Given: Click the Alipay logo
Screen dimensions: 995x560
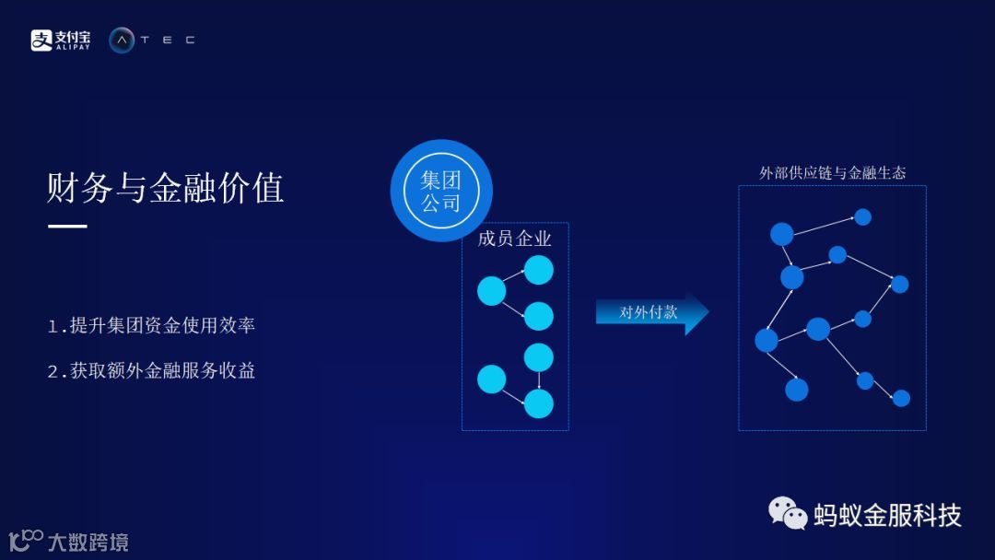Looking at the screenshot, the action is click(61, 40).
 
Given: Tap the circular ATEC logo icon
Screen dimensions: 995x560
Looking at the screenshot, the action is click(122, 40).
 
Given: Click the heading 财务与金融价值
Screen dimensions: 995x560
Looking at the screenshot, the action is click(165, 188).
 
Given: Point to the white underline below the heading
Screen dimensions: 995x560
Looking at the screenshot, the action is click(67, 226).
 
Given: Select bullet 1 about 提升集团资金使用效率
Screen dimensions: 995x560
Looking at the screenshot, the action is click(151, 325).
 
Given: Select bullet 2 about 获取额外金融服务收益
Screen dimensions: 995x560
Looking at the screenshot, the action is click(151, 371).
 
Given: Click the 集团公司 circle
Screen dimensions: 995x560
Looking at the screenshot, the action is click(441, 191).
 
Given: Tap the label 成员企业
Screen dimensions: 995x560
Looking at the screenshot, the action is click(514, 239).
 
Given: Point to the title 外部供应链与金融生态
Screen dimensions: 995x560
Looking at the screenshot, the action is click(832, 172).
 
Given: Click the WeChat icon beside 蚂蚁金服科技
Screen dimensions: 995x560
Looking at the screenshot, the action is click(788, 513).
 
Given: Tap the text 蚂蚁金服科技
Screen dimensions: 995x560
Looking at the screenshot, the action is click(887, 515).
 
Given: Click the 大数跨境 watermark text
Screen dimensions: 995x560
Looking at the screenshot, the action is click(88, 542).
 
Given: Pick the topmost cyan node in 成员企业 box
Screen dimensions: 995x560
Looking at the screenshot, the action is click(539, 270).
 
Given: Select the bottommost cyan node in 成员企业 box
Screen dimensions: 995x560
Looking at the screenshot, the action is click(538, 403).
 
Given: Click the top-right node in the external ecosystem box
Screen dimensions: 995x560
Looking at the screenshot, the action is click(862, 217).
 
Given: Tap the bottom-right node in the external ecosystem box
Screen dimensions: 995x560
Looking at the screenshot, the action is click(901, 398).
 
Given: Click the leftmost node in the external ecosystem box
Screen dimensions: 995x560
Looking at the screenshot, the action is click(767, 340).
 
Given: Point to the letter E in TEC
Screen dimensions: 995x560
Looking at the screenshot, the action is click(167, 40).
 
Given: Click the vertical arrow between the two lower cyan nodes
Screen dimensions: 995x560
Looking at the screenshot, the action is click(539, 379).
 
